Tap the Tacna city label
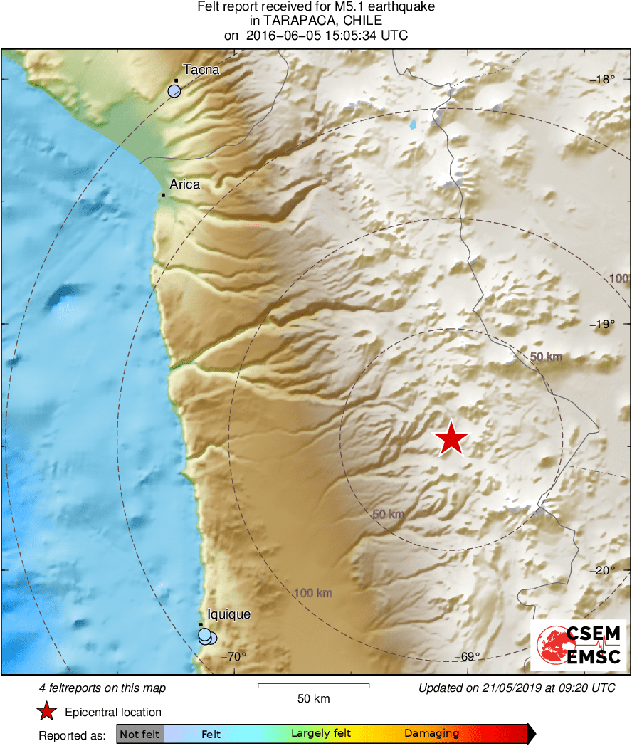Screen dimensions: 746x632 click(x=201, y=70)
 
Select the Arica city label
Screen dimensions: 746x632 click(x=184, y=184)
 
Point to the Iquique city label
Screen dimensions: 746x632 click(x=228, y=614)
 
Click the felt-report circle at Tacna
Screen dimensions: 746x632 click(x=174, y=90)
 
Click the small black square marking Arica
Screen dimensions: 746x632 click(x=164, y=195)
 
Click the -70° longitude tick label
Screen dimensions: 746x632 click(x=233, y=656)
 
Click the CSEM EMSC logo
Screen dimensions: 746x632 click(x=579, y=645)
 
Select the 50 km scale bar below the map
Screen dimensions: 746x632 click(x=313, y=685)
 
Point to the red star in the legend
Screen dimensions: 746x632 click(x=47, y=711)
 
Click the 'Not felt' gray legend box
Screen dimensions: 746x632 click(x=139, y=734)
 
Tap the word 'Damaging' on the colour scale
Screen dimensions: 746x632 click(x=431, y=734)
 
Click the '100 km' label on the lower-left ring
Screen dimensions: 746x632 click(x=313, y=593)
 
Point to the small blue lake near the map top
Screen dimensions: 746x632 click(x=413, y=125)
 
